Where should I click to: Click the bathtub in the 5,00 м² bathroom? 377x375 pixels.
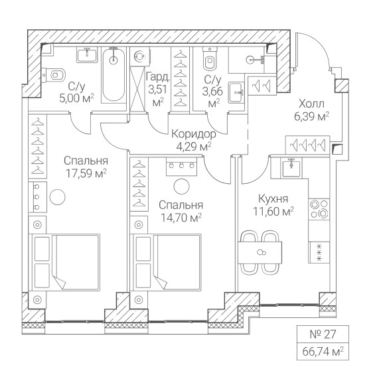[x=113, y=75]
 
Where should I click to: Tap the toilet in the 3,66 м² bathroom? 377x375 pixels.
[x=210, y=59]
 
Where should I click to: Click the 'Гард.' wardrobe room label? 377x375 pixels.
[x=158, y=77]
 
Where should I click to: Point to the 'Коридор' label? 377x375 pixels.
[x=194, y=134]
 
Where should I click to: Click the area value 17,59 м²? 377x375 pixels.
[x=86, y=173]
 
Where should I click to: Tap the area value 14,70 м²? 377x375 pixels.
[x=181, y=218]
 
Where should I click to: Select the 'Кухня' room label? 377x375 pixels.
[x=273, y=199]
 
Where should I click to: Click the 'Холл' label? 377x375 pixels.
[x=311, y=104]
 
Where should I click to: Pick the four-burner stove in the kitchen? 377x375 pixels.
[x=319, y=209]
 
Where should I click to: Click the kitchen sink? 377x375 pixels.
[x=291, y=168]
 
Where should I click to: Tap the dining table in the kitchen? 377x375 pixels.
[x=260, y=253]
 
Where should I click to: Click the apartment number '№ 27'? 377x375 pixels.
[x=323, y=335]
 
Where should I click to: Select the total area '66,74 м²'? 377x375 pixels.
[x=323, y=352]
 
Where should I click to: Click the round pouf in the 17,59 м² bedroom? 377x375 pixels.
[x=58, y=197]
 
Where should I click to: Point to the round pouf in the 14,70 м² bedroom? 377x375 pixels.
[x=181, y=187]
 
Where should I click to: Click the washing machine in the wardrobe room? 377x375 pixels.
[x=140, y=56]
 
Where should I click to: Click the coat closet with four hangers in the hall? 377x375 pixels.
[x=308, y=145]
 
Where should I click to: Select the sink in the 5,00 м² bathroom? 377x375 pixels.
[x=87, y=55]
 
